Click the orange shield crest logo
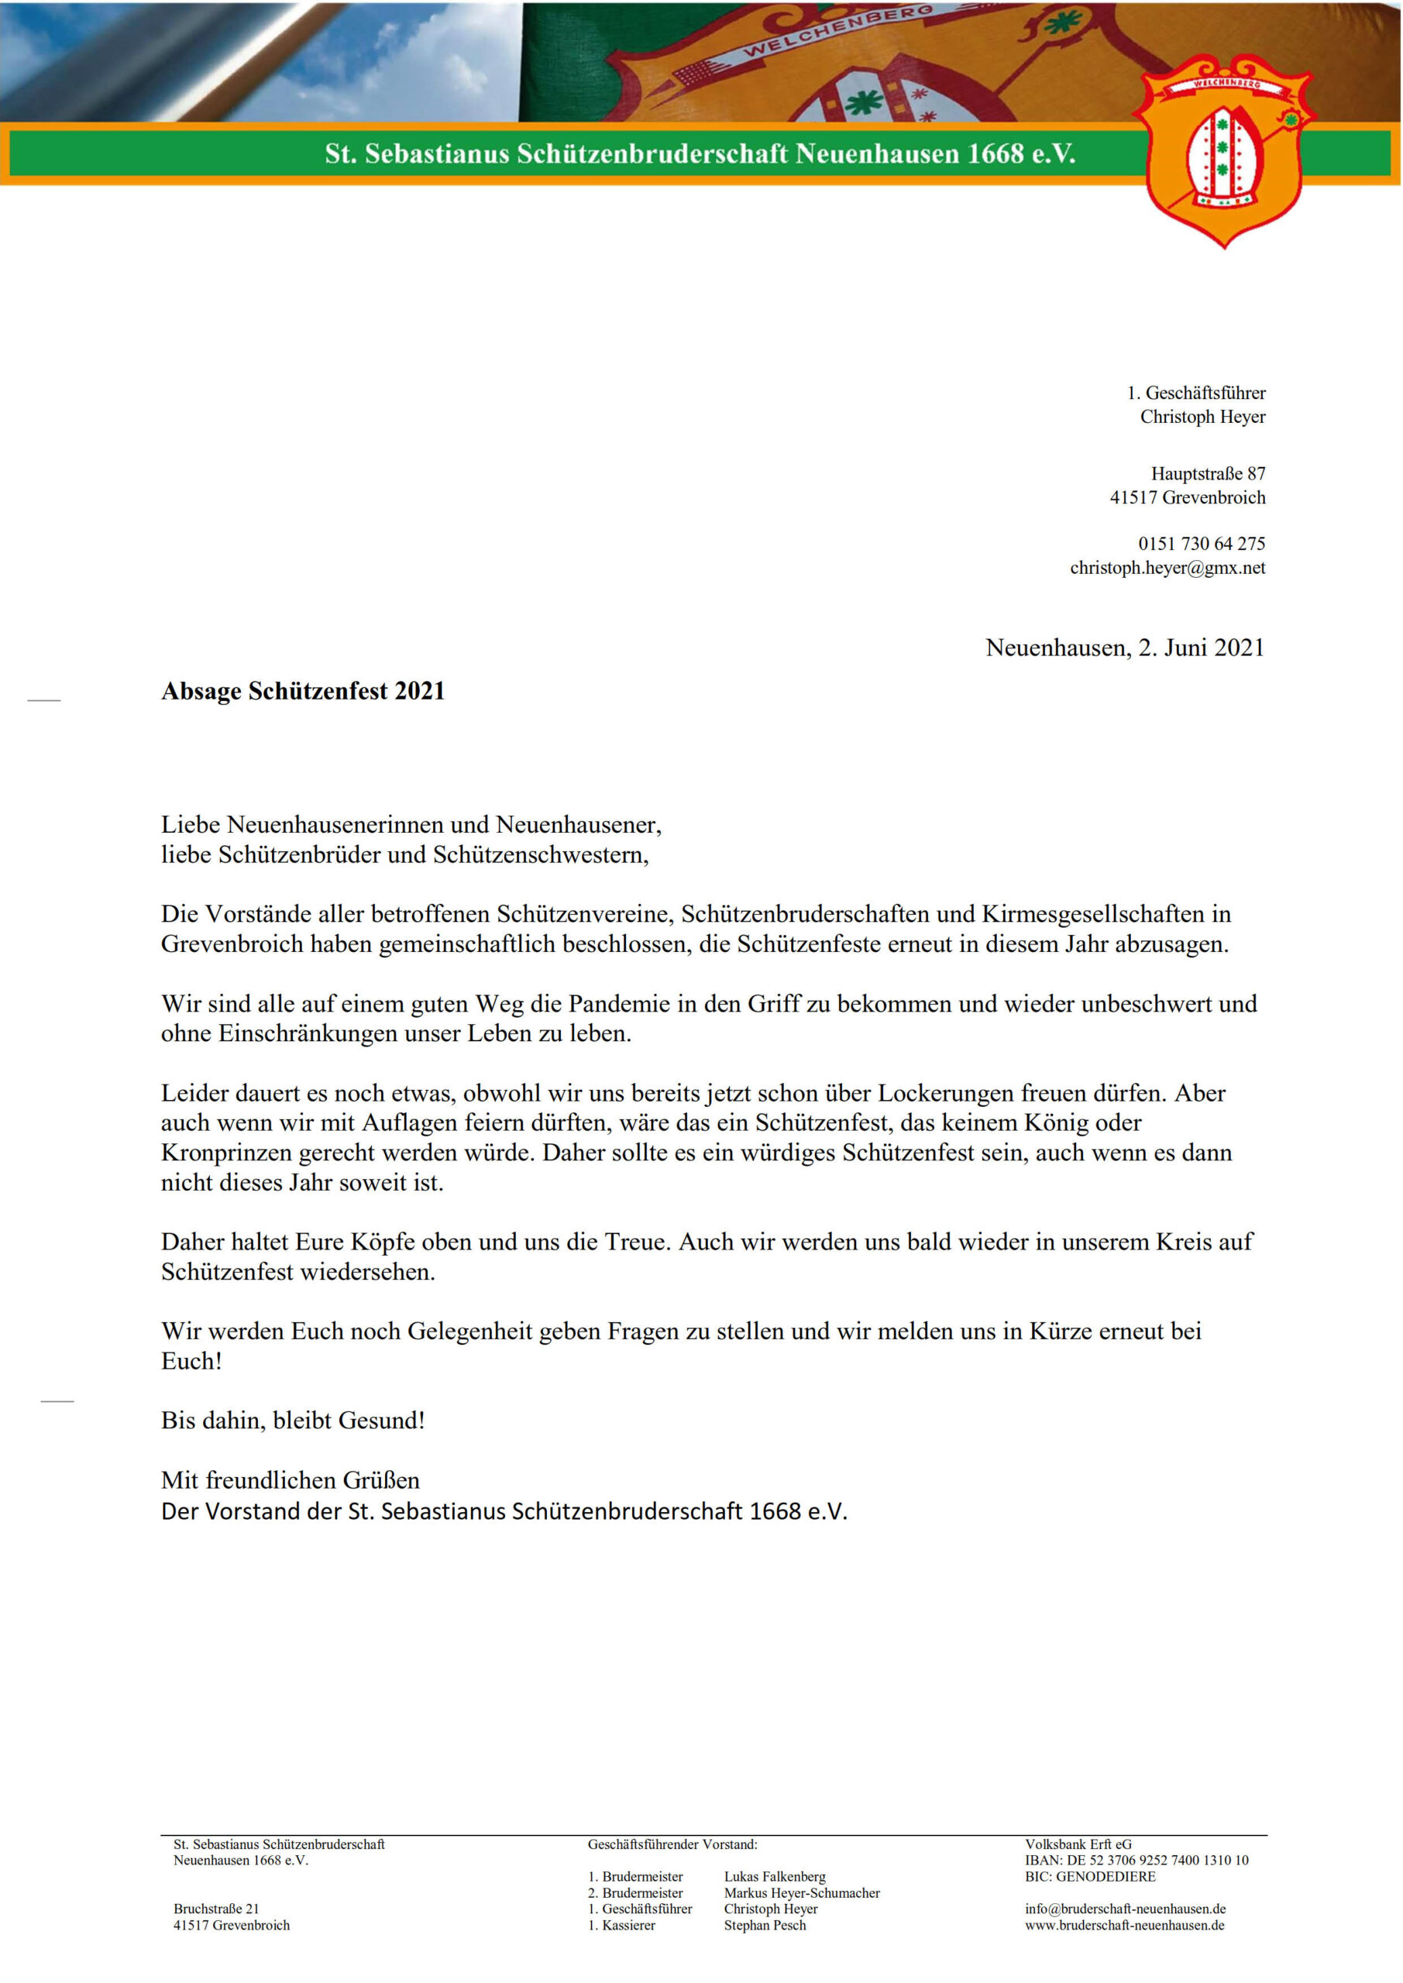click(x=1223, y=151)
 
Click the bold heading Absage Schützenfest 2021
click(x=302, y=692)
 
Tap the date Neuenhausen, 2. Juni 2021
click(x=1124, y=648)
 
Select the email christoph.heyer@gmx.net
click(x=1167, y=569)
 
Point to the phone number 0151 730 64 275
click(x=1201, y=544)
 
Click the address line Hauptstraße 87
click(x=1208, y=474)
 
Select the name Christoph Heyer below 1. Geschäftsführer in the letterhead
click(x=1202, y=418)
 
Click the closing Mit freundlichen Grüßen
click(x=291, y=1480)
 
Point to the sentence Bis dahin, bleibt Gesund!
click(x=293, y=1421)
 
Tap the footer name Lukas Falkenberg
click(x=775, y=1876)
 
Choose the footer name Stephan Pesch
click(x=765, y=1925)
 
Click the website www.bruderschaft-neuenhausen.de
click(x=1124, y=1925)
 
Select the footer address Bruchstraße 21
click(x=216, y=1909)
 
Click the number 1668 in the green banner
click(x=996, y=155)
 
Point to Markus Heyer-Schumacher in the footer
click(x=802, y=1892)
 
